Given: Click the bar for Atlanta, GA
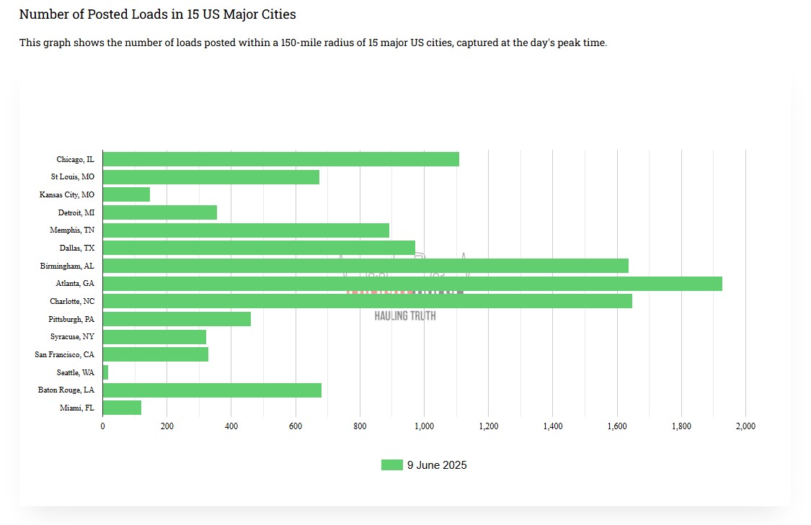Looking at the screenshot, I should click(412, 284).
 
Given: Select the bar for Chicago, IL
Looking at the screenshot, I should click(281, 159).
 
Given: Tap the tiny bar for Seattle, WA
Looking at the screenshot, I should click(106, 372).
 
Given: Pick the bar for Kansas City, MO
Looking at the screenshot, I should click(127, 194).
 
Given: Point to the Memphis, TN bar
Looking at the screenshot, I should click(246, 230).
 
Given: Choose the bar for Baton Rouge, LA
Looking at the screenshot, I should click(212, 390).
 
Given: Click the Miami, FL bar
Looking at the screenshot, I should click(122, 408).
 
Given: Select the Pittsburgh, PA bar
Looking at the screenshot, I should click(177, 319).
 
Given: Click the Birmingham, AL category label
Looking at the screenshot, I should click(67, 266).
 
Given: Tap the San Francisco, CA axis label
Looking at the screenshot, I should click(64, 354).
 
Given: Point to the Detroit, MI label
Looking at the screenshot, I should click(76, 212).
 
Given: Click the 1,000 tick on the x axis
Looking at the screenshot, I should click(424, 426).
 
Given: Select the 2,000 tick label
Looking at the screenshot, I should click(745, 426).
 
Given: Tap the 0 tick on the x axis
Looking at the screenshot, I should click(103, 426).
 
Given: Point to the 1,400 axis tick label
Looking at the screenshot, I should click(552, 426).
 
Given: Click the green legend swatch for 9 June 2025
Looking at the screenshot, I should click(391, 465).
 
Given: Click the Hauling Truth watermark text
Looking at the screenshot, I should click(405, 315).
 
